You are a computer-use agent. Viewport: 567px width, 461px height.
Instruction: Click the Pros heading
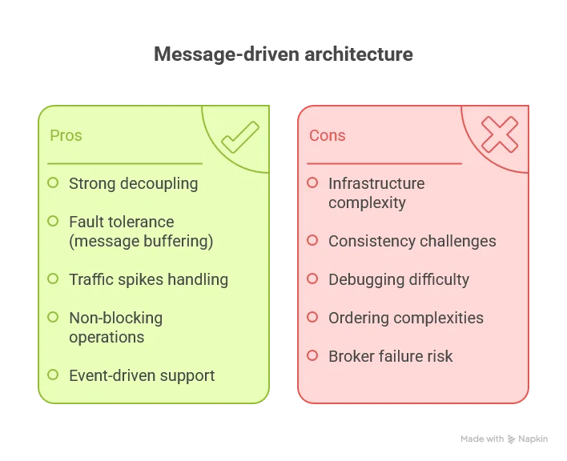point(66,135)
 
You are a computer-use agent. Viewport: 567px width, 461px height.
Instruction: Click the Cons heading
point(327,135)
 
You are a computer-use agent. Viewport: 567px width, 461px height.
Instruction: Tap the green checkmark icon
point(239,137)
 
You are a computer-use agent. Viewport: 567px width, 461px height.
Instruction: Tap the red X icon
point(499,134)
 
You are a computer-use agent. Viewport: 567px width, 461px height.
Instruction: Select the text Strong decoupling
point(133,183)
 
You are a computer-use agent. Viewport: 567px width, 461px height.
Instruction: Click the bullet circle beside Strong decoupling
point(53,183)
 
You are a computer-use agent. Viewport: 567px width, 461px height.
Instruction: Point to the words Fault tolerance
point(121,222)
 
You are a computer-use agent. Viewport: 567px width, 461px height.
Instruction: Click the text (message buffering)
point(141,241)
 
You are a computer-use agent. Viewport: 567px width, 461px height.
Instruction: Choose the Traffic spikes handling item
point(148,279)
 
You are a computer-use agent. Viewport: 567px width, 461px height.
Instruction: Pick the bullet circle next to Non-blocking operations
point(53,318)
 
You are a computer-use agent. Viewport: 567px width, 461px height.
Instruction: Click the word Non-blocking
point(115,318)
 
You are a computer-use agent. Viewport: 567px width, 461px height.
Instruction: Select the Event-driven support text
point(142,375)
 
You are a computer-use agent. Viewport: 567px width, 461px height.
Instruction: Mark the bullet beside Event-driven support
point(53,375)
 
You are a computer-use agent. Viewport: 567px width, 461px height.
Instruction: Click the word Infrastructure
point(376,183)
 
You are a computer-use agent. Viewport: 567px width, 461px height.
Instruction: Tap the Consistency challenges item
point(412,241)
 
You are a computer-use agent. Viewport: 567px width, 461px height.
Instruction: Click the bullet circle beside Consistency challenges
point(312,241)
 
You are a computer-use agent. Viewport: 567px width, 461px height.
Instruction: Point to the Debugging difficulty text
point(398,279)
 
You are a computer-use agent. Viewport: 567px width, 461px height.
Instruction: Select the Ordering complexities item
point(405,318)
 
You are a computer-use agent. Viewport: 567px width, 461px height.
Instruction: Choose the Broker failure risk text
point(390,356)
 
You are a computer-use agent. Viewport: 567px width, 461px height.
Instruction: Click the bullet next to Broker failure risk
point(312,356)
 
